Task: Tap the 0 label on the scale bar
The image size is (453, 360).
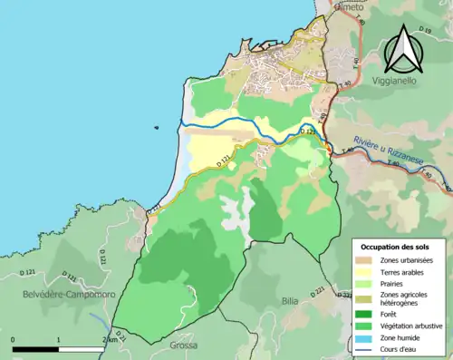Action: (x=14, y=339)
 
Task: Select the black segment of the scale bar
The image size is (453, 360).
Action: (x=36, y=349)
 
